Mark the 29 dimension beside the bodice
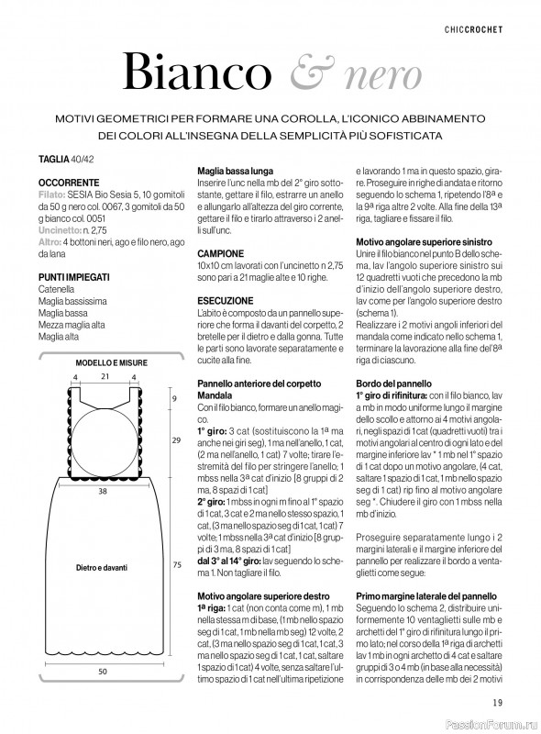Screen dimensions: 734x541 175,441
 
